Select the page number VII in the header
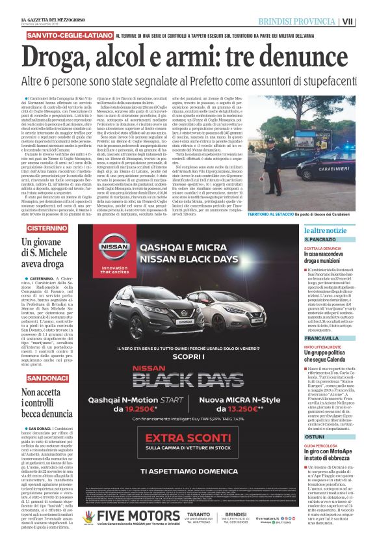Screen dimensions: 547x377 coord(368,21)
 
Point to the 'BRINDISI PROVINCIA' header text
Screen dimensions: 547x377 coord(308,21)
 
